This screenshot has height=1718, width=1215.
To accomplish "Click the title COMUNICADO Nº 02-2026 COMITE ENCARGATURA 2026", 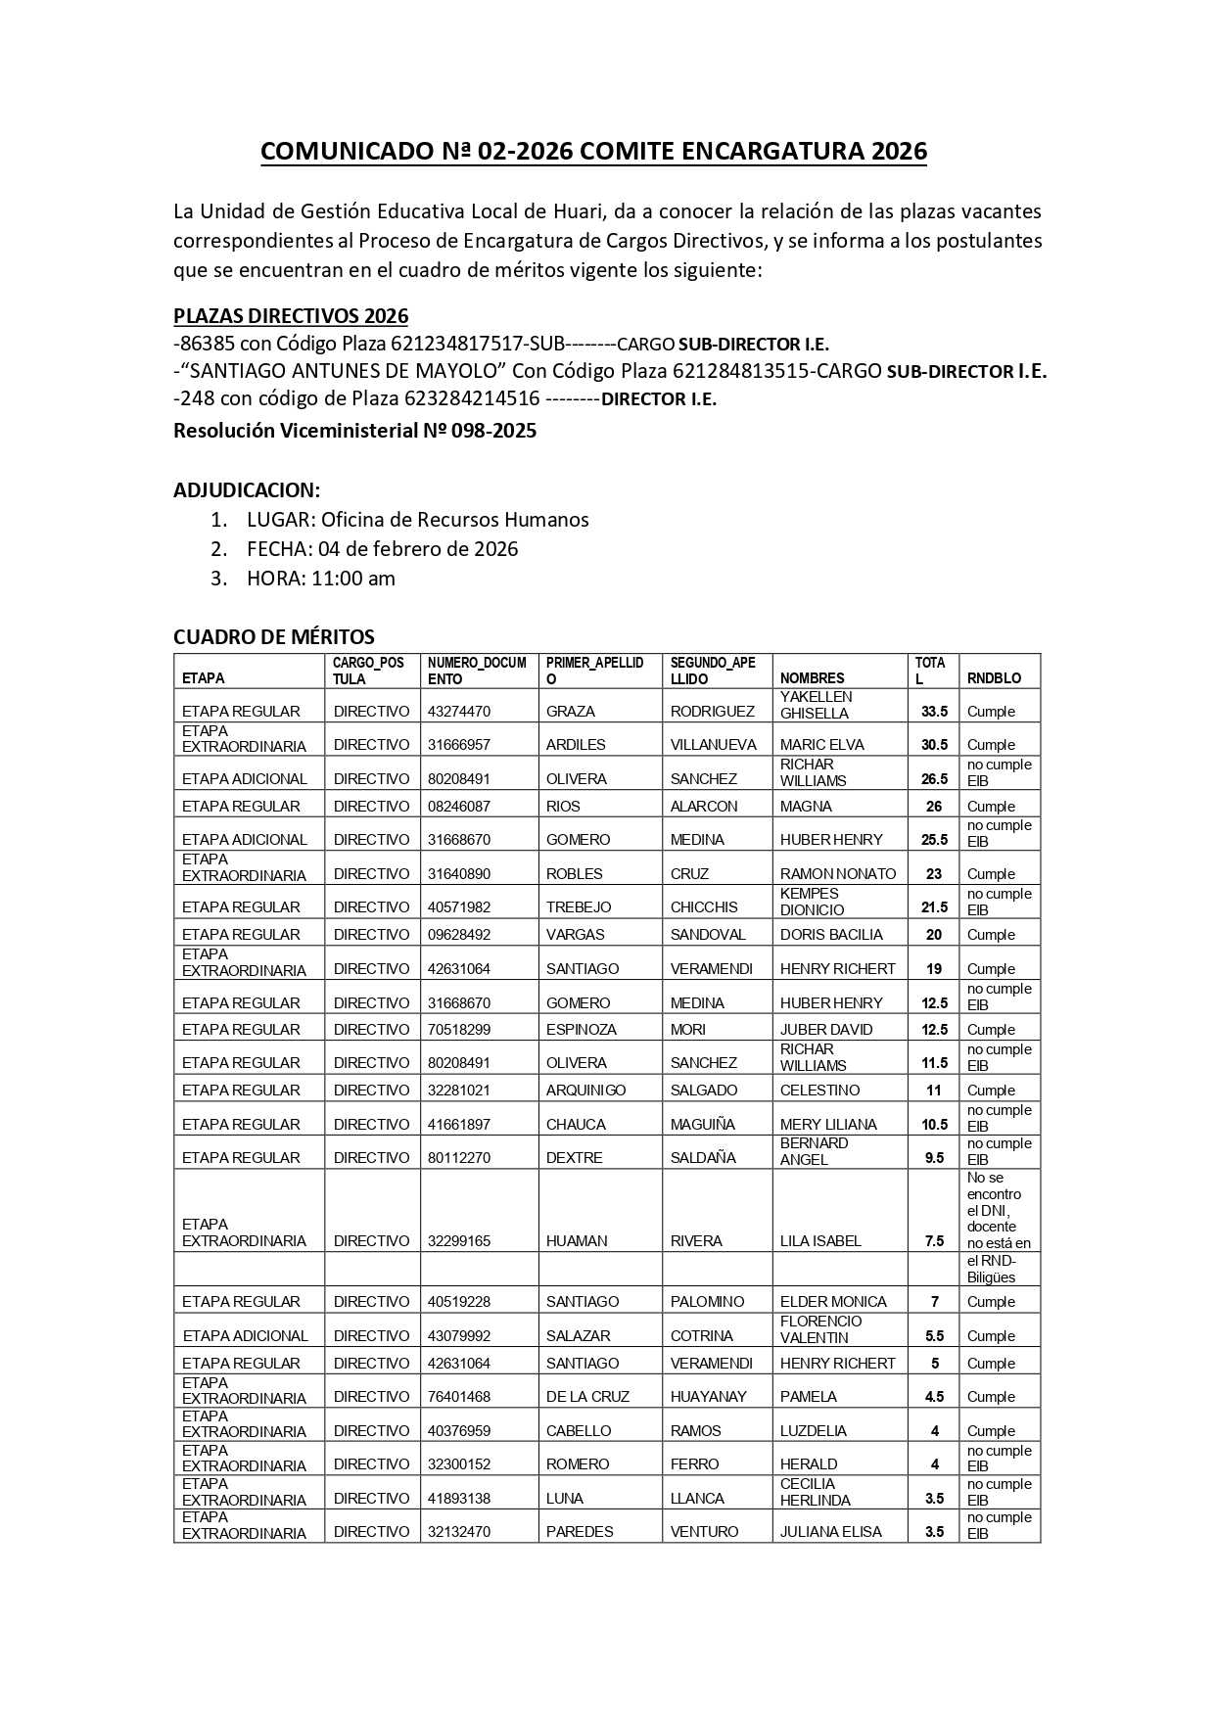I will (593, 152).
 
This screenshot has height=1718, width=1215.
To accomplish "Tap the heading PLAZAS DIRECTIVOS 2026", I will (291, 316).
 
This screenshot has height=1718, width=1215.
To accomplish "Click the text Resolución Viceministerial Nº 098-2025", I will (354, 431).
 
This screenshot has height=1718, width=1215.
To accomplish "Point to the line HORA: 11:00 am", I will (320, 579).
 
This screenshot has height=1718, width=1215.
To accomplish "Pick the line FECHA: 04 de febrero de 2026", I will (382, 549).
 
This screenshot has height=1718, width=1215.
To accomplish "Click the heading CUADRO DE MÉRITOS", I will (274, 637).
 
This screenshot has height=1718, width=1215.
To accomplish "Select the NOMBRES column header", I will (812, 677).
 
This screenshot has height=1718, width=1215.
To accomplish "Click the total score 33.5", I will (934, 712).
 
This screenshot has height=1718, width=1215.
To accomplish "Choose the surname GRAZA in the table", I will (571, 712).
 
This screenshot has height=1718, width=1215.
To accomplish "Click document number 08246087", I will (458, 807).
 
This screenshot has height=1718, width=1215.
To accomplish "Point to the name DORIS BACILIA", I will (831, 935).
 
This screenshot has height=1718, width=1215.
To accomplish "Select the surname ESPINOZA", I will (582, 1030).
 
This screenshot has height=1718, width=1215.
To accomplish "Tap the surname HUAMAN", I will (577, 1241).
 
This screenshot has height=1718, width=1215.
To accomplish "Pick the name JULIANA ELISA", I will (830, 1532).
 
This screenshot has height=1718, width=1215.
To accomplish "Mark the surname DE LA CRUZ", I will (587, 1397).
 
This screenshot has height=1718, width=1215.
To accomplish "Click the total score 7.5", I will (934, 1241).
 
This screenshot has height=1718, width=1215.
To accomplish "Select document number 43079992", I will (458, 1336).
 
